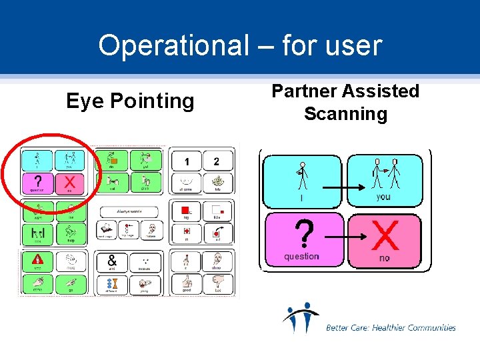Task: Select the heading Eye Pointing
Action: pyautogui.click(x=130, y=101)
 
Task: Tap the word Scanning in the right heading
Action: pyautogui.click(x=345, y=114)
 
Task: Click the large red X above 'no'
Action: pyautogui.click(x=385, y=235)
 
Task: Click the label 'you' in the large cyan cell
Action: pyautogui.click(x=383, y=197)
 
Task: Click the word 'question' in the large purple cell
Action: pyautogui.click(x=301, y=257)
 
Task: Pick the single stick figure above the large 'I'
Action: pyautogui.click(x=302, y=175)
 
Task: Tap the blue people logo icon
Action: pyautogui.click(x=301, y=318)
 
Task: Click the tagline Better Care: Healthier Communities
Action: pyautogui.click(x=391, y=327)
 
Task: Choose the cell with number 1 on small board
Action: pyautogui.click(x=187, y=161)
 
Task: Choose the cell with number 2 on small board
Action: pyautogui.click(x=216, y=161)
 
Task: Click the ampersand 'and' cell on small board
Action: pyautogui.click(x=111, y=263)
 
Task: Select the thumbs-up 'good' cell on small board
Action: pyautogui.click(x=187, y=284)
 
